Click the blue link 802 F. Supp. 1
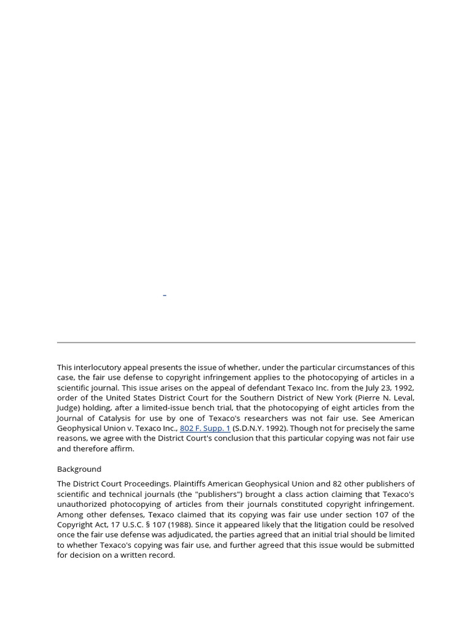pos(205,428)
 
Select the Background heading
pos(79,469)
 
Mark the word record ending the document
pos(162,555)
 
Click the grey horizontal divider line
pos(236,342)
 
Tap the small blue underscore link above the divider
pos(165,296)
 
